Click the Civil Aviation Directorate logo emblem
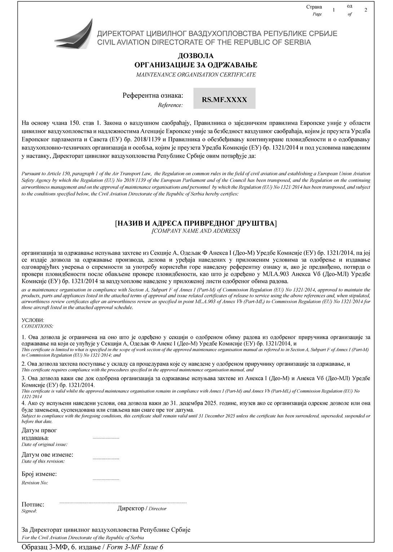74,35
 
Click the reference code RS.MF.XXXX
224,100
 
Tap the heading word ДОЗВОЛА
196,56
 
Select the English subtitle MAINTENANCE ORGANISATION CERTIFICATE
196,75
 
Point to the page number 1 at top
334,10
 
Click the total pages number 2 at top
366,10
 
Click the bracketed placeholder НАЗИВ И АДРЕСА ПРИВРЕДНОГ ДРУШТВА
196,223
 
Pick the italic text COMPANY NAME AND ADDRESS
196,231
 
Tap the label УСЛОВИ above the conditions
33,320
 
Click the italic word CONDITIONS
37,326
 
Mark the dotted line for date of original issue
106,438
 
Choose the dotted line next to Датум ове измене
106,459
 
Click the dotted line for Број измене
106,479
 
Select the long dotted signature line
123,502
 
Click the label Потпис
33,504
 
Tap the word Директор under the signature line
131,508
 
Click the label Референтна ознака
153,96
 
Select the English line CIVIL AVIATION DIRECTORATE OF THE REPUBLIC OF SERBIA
204,42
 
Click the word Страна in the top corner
314,7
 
